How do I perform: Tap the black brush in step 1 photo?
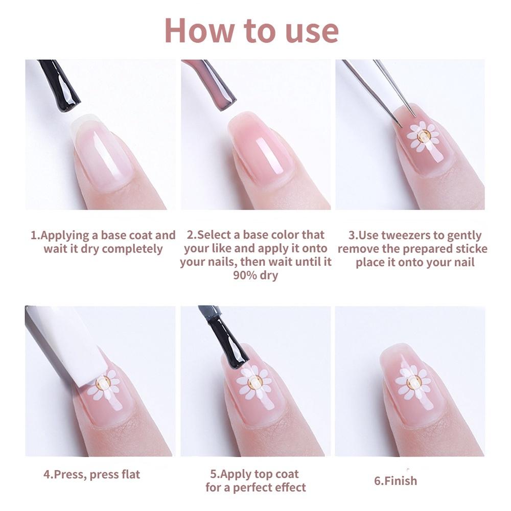61,84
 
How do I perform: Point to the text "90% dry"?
255,276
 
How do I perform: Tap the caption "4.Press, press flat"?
91,474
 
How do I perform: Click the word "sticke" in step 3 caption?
468,249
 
